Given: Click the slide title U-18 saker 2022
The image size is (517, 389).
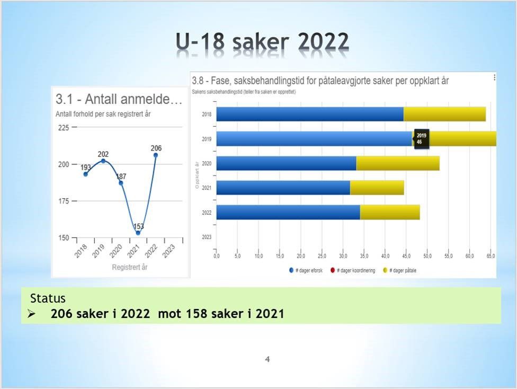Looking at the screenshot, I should point(263,42).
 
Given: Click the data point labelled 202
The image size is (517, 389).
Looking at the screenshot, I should point(103,161).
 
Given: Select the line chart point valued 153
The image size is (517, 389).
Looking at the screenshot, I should point(138,233).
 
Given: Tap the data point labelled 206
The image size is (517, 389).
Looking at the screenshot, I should point(155,155).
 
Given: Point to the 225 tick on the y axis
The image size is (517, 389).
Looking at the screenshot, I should point(64,128).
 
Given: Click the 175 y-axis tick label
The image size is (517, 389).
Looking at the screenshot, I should point(64,201).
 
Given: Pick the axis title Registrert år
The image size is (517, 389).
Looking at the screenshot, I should point(129,267).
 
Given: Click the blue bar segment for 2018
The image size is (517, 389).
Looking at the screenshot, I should point(310,114).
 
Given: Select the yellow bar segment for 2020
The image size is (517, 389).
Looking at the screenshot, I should point(397,163).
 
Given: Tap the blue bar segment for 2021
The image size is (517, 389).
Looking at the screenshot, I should point(283,188).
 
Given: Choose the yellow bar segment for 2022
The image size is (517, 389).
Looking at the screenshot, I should point(389,212).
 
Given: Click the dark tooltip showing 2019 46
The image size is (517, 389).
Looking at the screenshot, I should point(422,139).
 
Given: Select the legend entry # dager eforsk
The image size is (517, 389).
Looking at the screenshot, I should point(305,270).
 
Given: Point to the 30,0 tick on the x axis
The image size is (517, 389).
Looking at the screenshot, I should point(343,256).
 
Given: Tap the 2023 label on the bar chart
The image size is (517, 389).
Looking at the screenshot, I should point(207,237).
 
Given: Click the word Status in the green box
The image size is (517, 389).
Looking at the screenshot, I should point(48,298).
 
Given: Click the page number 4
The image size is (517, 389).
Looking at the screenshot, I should point(268,359).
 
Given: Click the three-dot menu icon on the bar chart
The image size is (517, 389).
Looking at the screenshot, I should point(494,77).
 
